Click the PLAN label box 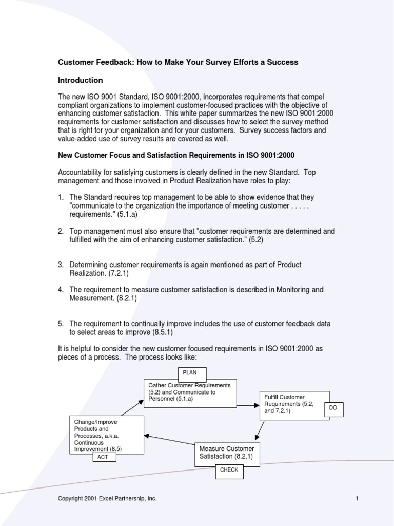click(x=190, y=373)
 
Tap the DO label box click(x=333, y=408)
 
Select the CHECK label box click(x=229, y=470)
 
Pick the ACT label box click(x=103, y=457)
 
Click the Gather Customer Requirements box click(x=190, y=393)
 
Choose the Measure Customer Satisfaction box click(x=226, y=453)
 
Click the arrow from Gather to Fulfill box click(x=248, y=405)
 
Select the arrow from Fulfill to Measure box click(x=261, y=430)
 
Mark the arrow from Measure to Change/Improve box click(x=169, y=439)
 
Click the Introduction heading click(x=80, y=80)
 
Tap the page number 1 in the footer click(x=355, y=499)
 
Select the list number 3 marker click(x=60, y=265)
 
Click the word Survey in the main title click(x=227, y=62)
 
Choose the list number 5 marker click(x=60, y=324)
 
